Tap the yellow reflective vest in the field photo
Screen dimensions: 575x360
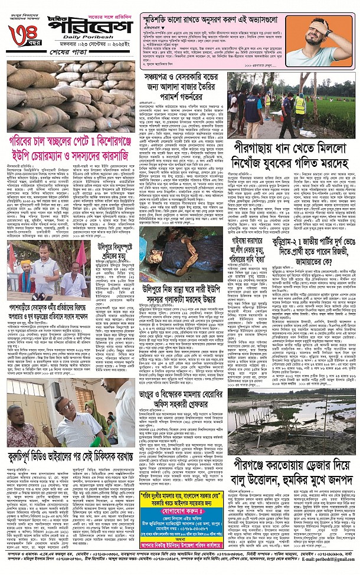click(x=300, y=106)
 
